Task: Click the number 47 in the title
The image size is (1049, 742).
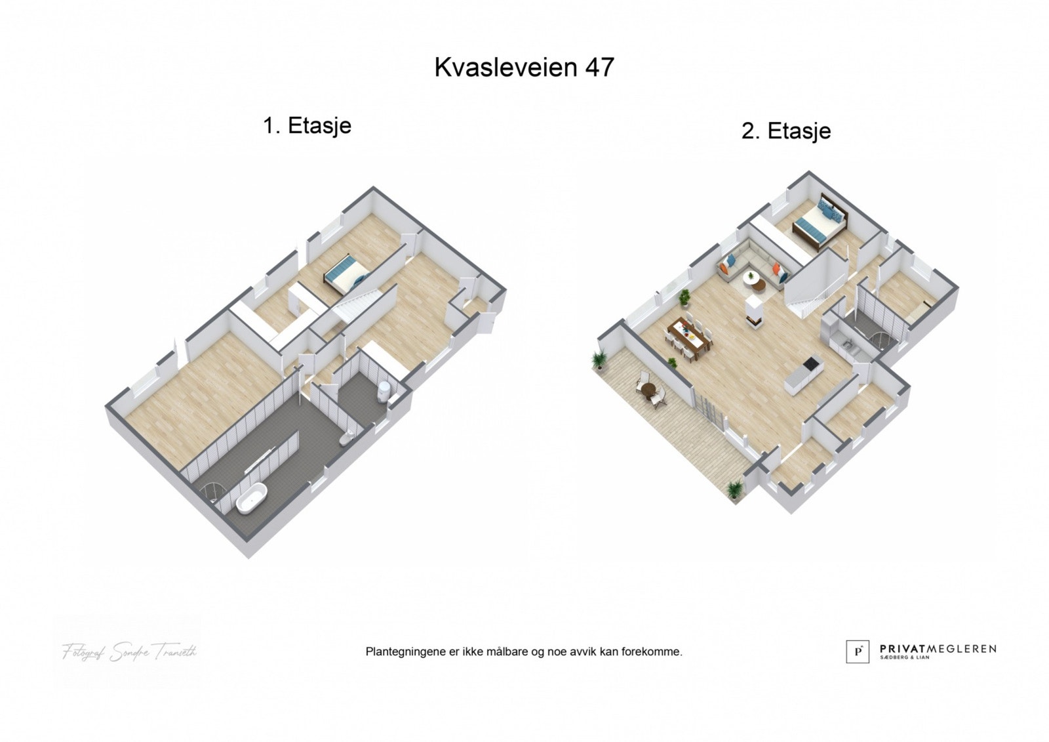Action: tap(598, 67)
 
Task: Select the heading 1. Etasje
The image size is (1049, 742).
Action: tap(307, 125)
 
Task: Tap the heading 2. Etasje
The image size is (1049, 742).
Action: tap(786, 131)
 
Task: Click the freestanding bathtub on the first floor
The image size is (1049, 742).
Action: tap(252, 499)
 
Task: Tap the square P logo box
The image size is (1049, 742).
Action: tap(858, 651)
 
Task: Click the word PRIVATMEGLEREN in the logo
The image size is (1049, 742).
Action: tap(938, 648)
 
